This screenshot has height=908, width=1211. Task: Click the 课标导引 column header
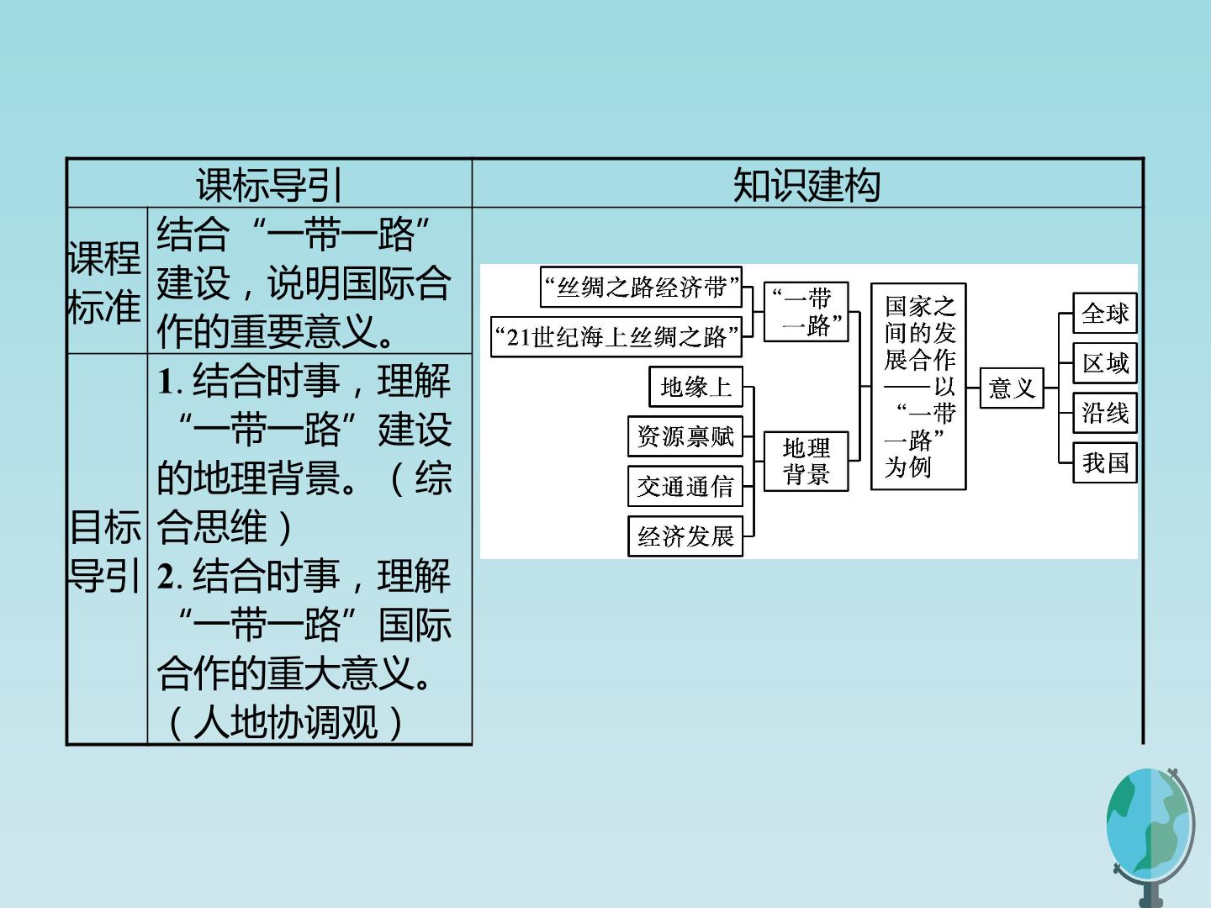269,185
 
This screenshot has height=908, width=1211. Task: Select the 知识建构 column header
806,185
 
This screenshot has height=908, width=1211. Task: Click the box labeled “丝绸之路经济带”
641,288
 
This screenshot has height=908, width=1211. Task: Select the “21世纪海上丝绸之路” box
616,337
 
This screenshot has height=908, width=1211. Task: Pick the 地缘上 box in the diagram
695,387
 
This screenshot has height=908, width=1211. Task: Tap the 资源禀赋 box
685,436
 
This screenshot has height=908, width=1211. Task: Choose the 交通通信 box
685,486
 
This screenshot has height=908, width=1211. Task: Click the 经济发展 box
685,536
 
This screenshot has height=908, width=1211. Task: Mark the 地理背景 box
806,462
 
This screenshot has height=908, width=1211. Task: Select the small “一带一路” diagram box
806,312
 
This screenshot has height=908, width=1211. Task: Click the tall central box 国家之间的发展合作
918,387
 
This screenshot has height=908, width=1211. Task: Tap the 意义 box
1012,388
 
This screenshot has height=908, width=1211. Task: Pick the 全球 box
1105,313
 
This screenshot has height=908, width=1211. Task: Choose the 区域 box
1105,362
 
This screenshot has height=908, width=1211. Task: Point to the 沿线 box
1105,412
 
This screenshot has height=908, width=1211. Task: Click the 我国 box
1105,462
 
